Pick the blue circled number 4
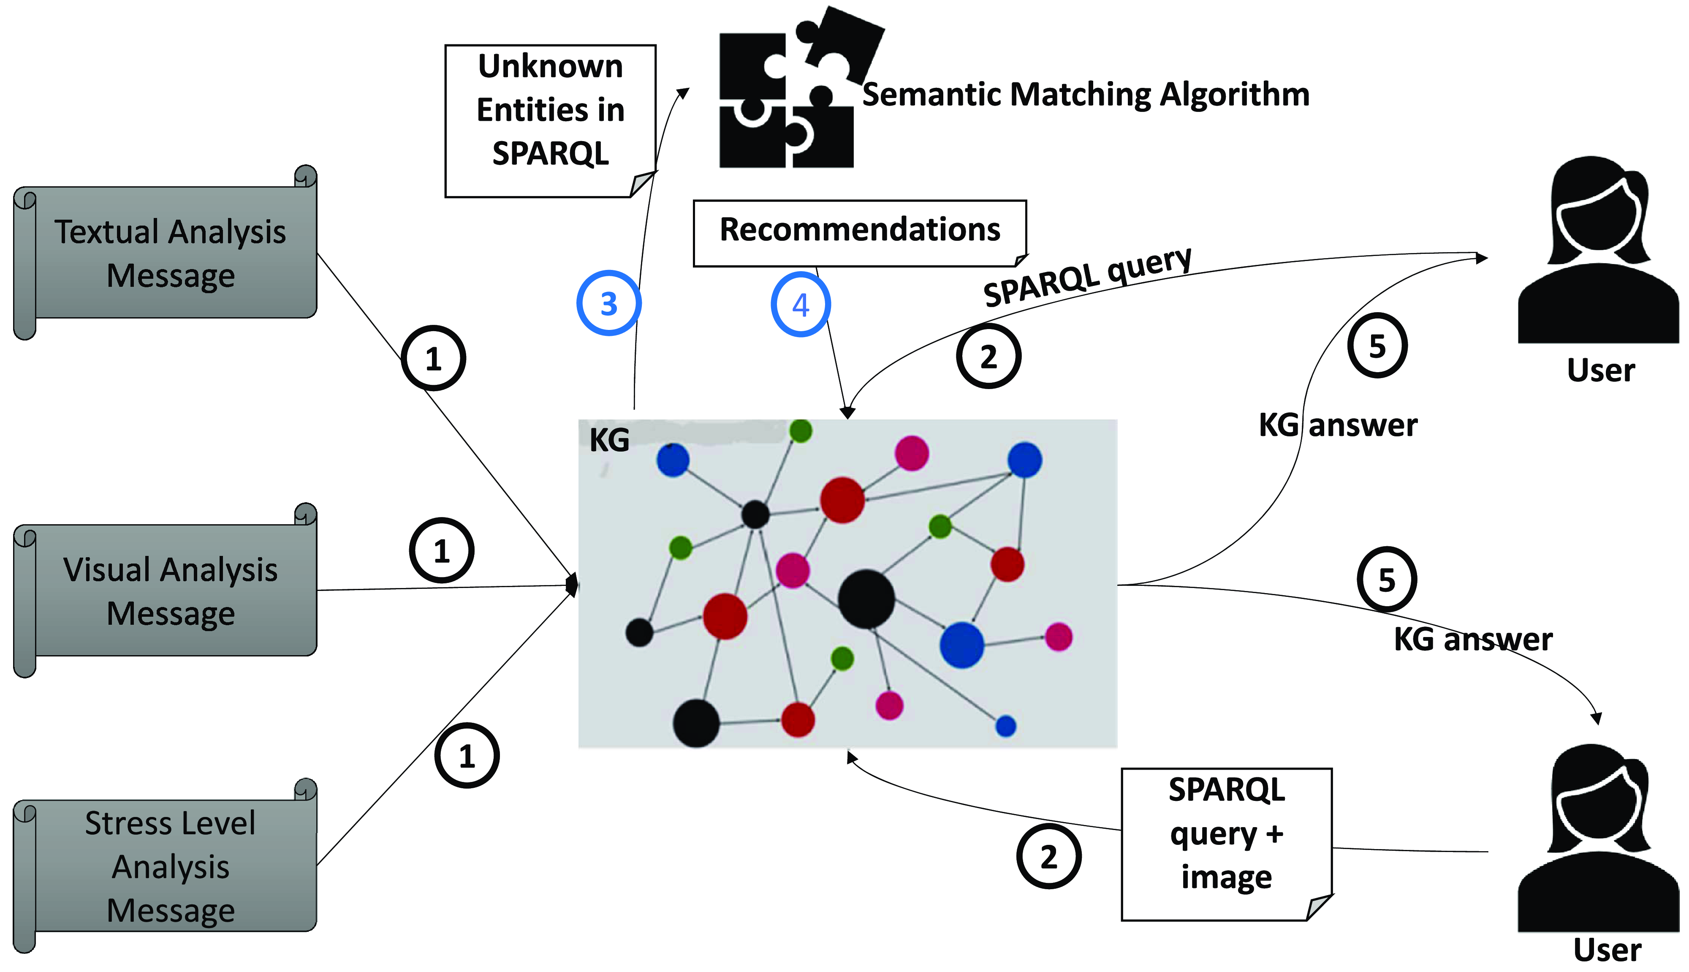pos(801,305)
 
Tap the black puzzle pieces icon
pos(791,93)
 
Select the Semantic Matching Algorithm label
pos(1086,95)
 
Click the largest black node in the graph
pos(866,599)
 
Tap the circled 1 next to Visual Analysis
pos(441,551)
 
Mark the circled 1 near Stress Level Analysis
pos(467,756)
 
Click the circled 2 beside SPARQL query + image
pos(1048,857)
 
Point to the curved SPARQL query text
pos(1088,277)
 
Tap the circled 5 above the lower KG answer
pos(1387,580)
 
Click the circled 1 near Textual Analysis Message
pos(433,359)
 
